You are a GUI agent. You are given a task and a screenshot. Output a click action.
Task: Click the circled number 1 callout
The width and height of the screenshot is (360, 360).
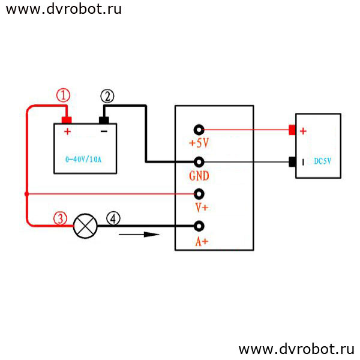pyautogui.click(x=63, y=95)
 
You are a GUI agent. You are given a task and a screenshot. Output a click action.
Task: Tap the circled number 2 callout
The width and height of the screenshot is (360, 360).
pyautogui.click(x=107, y=96)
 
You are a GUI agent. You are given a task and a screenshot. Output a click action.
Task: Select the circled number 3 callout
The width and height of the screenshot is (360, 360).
pyautogui.click(x=60, y=218)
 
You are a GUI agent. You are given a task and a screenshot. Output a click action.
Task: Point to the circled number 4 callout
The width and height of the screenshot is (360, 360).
pyautogui.click(x=113, y=219)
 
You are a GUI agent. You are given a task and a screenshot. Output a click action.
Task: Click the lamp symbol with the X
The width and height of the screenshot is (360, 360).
pyautogui.click(x=85, y=226)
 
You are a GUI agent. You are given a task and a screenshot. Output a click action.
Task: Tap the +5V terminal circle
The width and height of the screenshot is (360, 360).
pyautogui.click(x=199, y=130)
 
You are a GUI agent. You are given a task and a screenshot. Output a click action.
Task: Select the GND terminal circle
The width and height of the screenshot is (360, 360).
pyautogui.click(x=199, y=162)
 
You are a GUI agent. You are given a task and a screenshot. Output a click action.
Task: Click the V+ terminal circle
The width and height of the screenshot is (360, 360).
pyautogui.click(x=199, y=194)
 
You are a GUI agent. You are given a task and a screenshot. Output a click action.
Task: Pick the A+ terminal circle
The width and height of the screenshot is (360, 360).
pyautogui.click(x=199, y=226)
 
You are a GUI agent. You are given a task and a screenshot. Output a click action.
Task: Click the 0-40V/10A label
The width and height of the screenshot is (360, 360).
pyautogui.click(x=83, y=160)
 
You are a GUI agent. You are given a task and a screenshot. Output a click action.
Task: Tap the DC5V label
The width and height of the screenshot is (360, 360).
pyautogui.click(x=323, y=161)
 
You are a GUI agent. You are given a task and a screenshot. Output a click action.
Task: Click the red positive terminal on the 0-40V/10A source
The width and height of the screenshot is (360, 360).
pyautogui.click(x=67, y=120)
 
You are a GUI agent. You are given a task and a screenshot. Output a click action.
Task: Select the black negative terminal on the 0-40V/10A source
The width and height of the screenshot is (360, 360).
pyautogui.click(x=104, y=120)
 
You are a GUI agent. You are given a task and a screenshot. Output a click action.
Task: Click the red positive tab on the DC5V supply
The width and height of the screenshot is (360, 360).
pyautogui.click(x=292, y=130)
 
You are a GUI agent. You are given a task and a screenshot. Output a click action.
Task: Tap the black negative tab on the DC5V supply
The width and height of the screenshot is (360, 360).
pyautogui.click(x=292, y=162)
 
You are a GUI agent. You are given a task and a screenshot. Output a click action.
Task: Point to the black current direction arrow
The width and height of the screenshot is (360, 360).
pyautogui.click(x=139, y=235)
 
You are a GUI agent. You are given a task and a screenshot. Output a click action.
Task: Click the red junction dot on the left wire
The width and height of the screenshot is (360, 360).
pyautogui.click(x=26, y=194)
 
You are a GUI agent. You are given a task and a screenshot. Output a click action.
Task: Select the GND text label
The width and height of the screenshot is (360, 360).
pyautogui.click(x=199, y=176)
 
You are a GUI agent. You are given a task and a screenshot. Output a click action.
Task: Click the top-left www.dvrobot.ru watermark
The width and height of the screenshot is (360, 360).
pyautogui.click(x=64, y=9)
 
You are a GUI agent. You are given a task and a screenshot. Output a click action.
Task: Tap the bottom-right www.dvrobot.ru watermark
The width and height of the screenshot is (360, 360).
pyautogui.click(x=296, y=349)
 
